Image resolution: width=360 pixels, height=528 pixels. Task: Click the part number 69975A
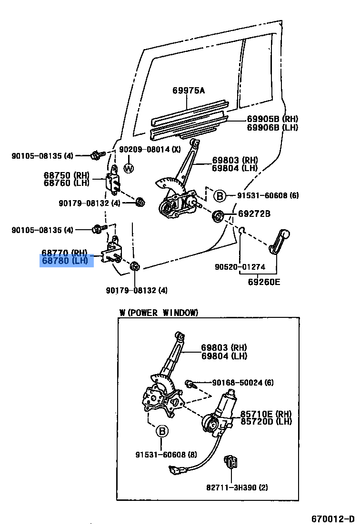188,91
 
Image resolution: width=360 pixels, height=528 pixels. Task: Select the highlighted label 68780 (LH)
66,261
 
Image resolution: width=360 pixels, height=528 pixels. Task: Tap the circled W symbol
129,168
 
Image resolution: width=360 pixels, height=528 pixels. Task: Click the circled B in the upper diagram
219,195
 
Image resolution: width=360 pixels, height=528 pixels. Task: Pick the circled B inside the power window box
162,431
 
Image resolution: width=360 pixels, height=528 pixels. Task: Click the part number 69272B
254,214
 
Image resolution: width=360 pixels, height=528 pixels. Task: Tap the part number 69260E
264,282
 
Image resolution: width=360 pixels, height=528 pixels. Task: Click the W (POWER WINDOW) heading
158,313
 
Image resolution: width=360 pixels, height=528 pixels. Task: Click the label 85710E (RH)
266,414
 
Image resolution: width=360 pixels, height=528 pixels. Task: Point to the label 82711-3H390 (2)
237,487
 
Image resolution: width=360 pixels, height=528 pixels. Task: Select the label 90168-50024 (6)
243,383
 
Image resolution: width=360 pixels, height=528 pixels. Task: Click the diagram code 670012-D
333,518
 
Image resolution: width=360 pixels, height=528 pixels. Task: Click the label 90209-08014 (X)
150,149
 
